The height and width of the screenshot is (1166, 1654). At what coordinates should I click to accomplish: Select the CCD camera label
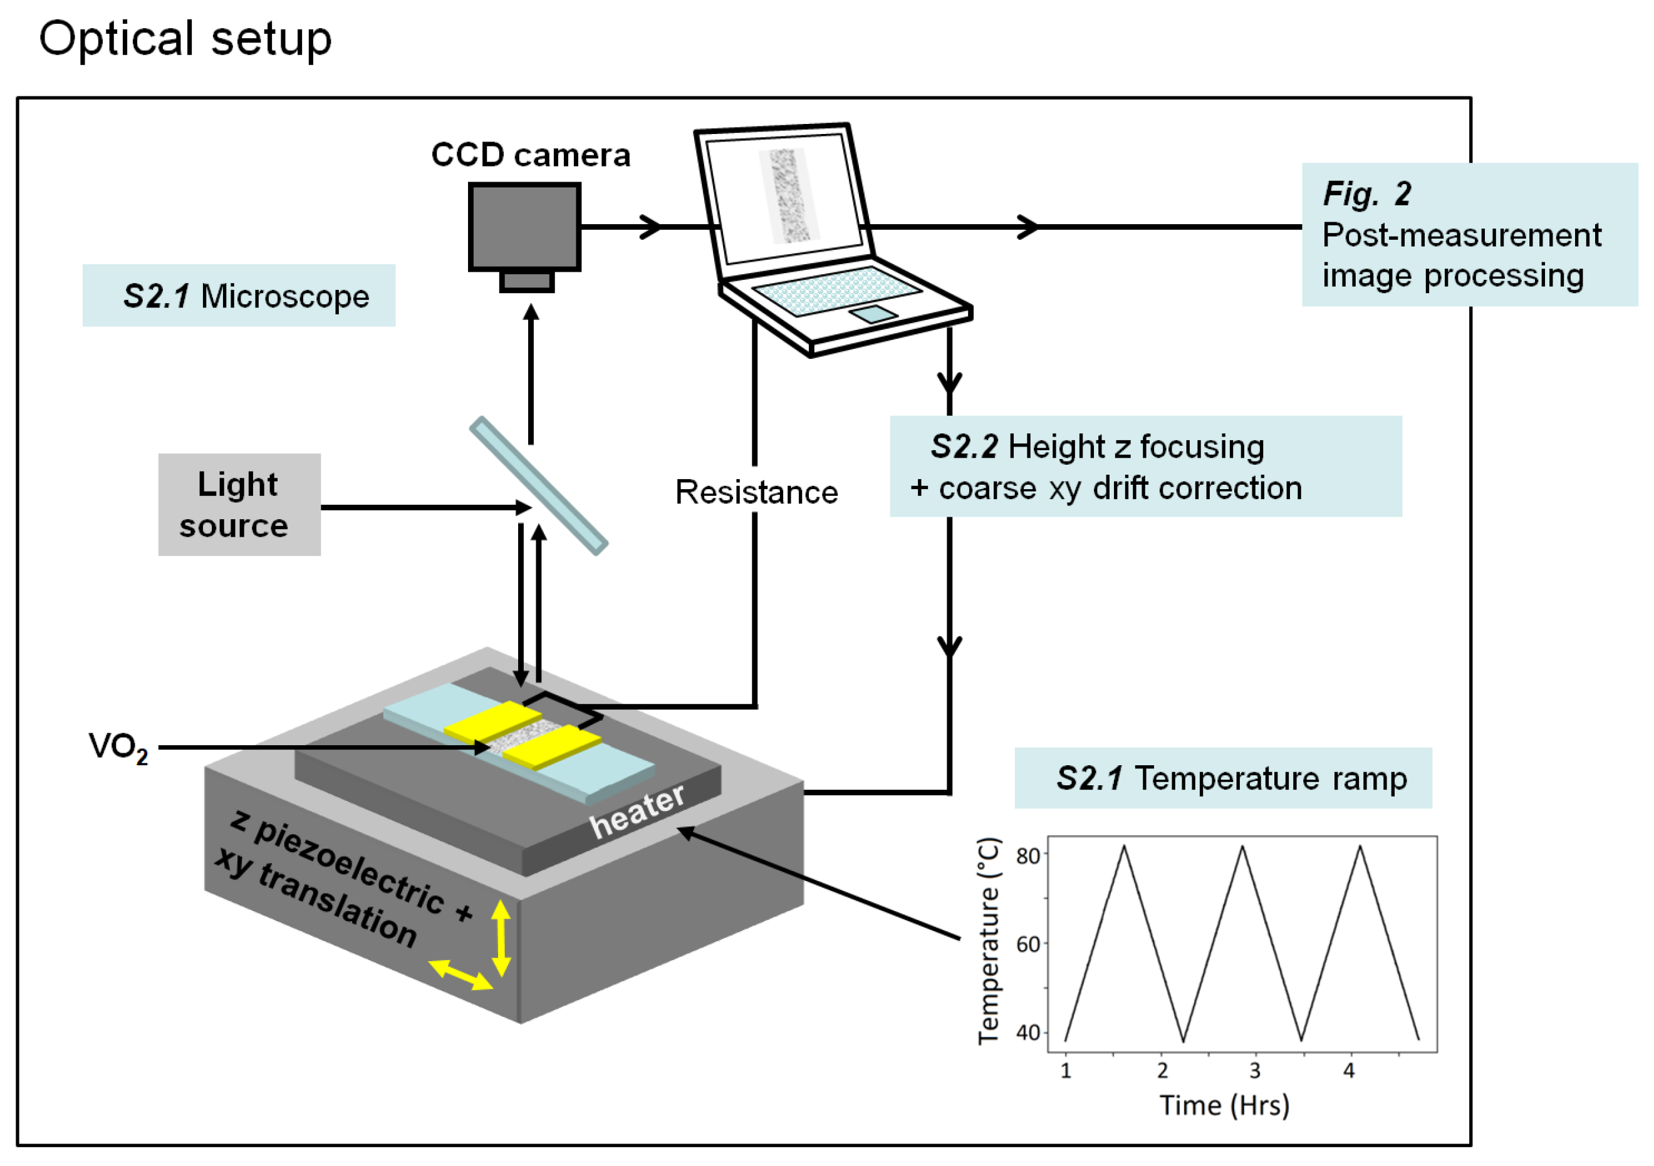530,155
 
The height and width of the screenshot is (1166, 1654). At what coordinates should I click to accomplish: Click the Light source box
239,504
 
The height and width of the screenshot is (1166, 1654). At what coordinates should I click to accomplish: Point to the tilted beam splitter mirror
539,485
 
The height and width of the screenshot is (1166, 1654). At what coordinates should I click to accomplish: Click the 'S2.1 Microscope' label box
239,296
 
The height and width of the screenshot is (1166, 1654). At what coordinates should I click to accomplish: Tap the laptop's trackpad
873,314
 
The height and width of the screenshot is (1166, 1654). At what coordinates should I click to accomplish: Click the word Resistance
756,493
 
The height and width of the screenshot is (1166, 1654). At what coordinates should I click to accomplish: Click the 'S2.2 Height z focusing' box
1145,466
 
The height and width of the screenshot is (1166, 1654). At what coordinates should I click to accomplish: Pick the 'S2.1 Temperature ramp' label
1222,778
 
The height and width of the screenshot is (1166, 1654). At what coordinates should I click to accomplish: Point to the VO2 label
118,747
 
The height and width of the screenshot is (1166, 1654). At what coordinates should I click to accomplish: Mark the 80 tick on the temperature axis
1028,855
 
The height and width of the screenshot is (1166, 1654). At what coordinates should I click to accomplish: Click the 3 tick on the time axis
1254,1070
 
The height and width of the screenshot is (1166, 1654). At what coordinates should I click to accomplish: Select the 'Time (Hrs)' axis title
1224,1105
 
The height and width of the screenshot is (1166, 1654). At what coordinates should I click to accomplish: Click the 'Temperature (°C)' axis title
989,941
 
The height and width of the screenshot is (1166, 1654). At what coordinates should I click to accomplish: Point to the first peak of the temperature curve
1124,847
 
